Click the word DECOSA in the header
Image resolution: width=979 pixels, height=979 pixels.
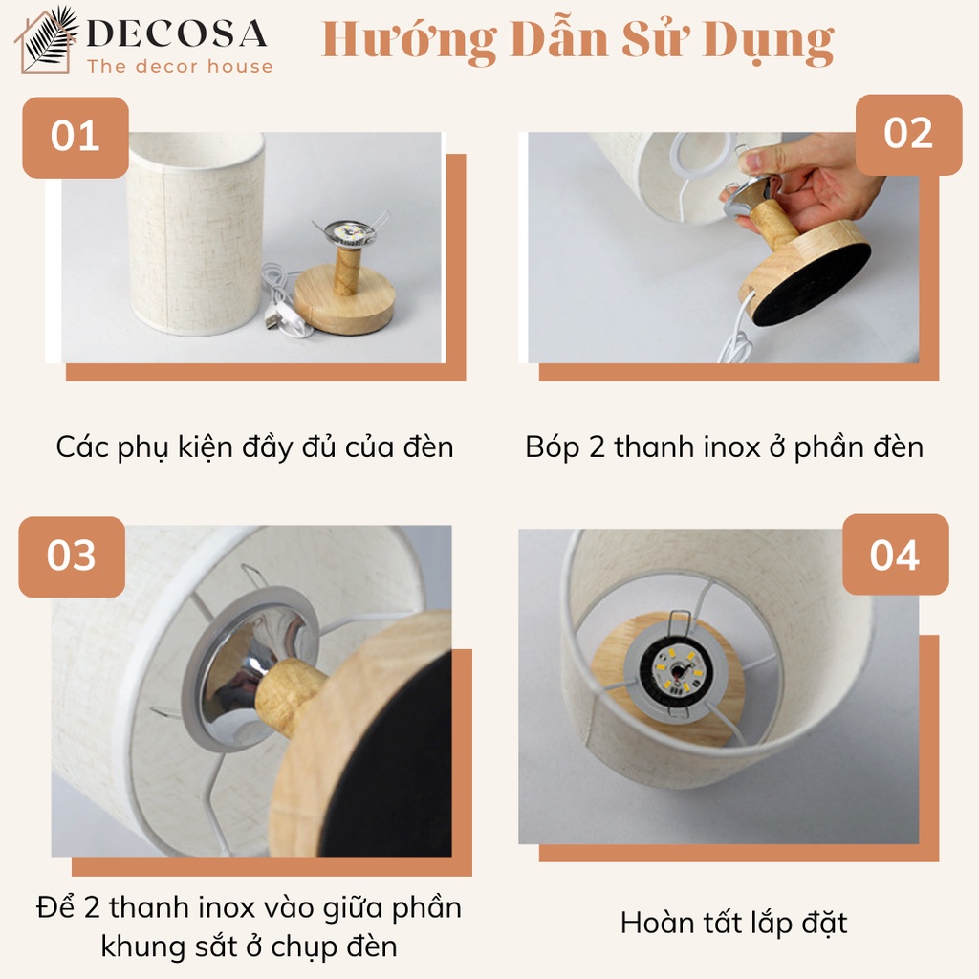[177, 33]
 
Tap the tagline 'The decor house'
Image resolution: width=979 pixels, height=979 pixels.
[180, 66]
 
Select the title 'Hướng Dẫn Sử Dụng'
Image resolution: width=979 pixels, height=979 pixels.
[577, 40]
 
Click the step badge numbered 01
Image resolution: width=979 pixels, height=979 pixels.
[76, 138]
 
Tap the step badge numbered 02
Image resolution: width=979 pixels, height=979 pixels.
[908, 134]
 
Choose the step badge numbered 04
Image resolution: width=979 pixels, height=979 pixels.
[895, 555]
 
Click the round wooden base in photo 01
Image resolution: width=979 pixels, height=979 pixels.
[344, 297]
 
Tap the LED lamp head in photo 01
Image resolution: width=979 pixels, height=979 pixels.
[351, 232]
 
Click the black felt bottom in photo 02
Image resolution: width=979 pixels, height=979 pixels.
[813, 285]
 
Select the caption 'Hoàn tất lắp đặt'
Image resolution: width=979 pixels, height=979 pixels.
[733, 923]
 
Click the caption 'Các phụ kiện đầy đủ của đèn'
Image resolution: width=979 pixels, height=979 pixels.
[254, 447]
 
